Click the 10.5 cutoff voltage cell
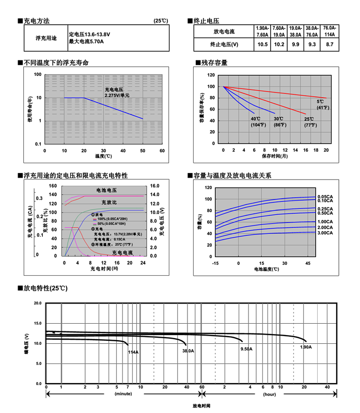tap(262, 45)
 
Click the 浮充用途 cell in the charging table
tap(46, 38)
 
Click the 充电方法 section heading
tap(37, 21)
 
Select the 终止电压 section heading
tap(206, 21)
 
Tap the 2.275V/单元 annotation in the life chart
tap(117, 96)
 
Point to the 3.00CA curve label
tap(325, 233)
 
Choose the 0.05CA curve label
tap(325, 197)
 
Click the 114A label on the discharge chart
tap(133, 352)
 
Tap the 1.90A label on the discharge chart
tap(306, 347)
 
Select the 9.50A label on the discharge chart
tap(246, 349)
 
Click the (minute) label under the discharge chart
tap(124, 394)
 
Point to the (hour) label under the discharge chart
tap(269, 394)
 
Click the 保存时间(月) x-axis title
tap(274, 155)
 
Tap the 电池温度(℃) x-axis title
tap(267, 269)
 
